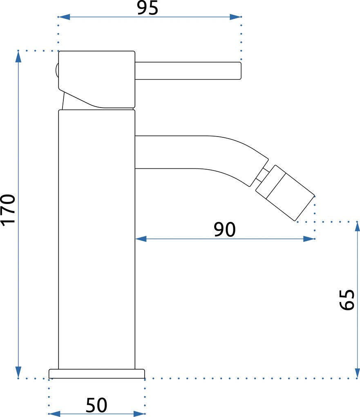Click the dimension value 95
point(148,8)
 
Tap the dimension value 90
point(225,229)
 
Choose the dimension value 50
point(96,405)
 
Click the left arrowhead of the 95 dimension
point(64,17)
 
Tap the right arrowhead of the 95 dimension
point(235,17)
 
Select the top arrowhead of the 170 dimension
point(18,57)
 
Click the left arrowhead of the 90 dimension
point(141,239)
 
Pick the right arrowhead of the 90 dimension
point(309,239)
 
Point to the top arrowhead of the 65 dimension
point(357,227)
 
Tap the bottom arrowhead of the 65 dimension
point(357,372)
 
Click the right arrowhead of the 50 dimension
point(139,414)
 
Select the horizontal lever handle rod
point(188,71)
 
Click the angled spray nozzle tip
point(285,193)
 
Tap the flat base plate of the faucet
point(97,374)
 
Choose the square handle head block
point(97,79)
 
